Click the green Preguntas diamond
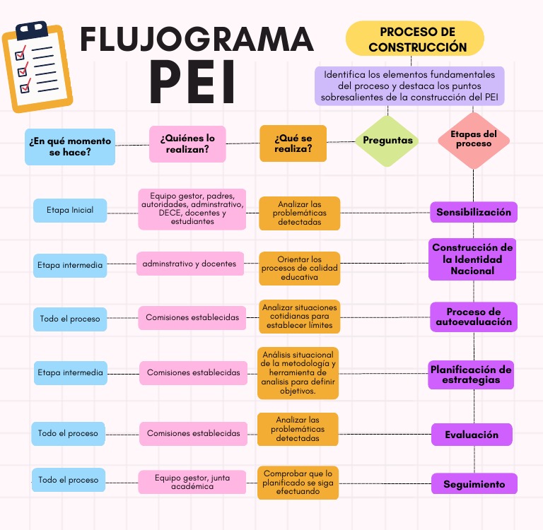tap(387, 141)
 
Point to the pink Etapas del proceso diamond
tap(473, 139)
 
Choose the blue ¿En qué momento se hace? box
tap(70, 146)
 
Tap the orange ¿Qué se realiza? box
tap(293, 143)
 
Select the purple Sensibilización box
tap(473, 212)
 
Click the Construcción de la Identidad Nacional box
tap(473, 259)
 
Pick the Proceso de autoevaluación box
tap(473, 317)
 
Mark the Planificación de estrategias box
tap(472, 375)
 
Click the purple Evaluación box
tap(472, 435)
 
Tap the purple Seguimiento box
tap(474, 484)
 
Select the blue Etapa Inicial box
tap(70, 210)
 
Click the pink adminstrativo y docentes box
tap(189, 264)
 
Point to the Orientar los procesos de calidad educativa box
tap(299, 269)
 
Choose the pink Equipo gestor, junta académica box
tap(192, 482)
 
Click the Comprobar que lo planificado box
tap(298, 483)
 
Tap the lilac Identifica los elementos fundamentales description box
tap(410, 86)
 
